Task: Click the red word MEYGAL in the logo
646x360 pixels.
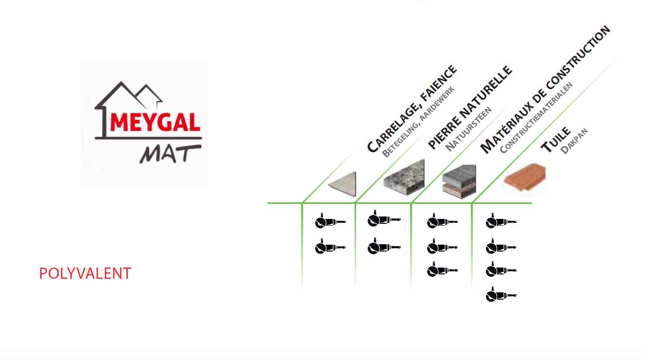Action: (x=155, y=122)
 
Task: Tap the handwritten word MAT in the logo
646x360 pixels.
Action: (x=170, y=154)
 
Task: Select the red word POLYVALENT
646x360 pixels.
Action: (x=85, y=273)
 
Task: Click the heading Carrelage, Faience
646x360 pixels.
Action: (x=412, y=109)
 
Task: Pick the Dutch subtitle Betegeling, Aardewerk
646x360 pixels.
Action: (x=418, y=122)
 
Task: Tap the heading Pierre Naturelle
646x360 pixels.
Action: (x=470, y=108)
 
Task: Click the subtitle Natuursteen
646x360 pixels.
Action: (x=468, y=129)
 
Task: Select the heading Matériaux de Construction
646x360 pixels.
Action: (x=545, y=90)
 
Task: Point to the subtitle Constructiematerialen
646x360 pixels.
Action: (x=536, y=118)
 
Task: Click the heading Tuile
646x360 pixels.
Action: (x=556, y=140)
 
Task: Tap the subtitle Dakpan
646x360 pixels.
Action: (x=574, y=141)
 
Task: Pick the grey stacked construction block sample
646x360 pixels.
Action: (x=459, y=181)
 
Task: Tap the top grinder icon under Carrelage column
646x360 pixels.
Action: (x=330, y=221)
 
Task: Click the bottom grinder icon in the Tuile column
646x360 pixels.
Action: (x=501, y=294)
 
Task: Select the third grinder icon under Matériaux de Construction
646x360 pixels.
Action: (x=442, y=270)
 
